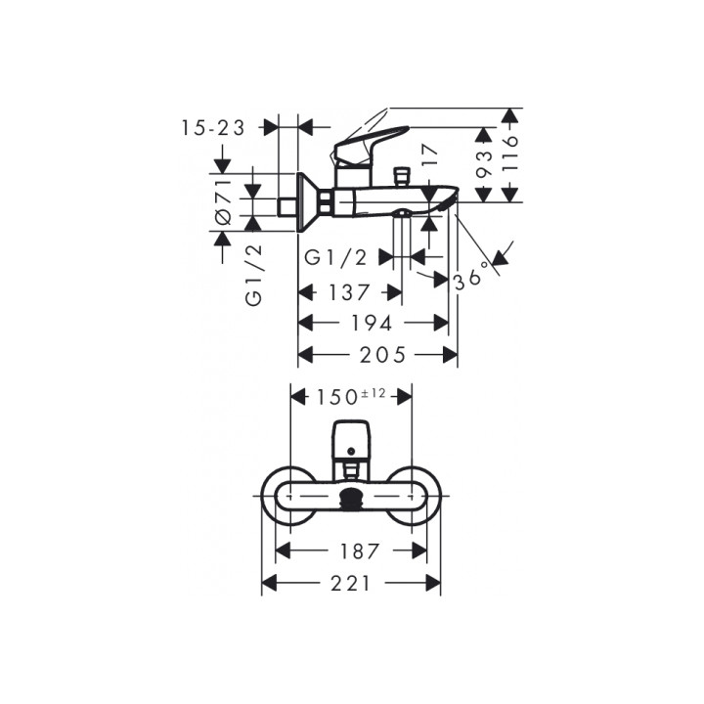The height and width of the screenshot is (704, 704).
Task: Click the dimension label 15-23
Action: [x=213, y=128]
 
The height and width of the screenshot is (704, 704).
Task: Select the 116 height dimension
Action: [x=510, y=154]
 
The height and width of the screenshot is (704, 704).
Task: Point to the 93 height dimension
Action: [x=485, y=164]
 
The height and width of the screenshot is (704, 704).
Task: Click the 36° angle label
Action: [x=472, y=276]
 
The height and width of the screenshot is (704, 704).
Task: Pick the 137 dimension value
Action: [x=349, y=292]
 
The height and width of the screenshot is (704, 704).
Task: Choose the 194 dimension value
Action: [x=372, y=324]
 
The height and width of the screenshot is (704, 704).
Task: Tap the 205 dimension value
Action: [x=382, y=355]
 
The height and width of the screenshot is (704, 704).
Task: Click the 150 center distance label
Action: [x=336, y=397]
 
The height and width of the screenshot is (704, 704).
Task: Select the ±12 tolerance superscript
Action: [x=373, y=393]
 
